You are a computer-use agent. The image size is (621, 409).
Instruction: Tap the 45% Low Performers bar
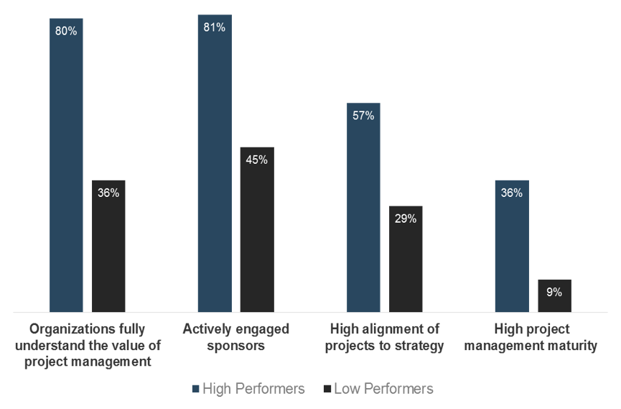click(x=257, y=230)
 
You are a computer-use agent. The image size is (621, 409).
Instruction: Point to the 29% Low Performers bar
click(x=406, y=259)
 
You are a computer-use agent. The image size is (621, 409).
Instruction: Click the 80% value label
click(x=66, y=32)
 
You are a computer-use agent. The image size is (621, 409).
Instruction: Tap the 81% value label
click(x=215, y=27)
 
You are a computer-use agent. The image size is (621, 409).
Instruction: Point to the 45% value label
click(x=256, y=160)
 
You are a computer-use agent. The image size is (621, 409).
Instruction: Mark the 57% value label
click(x=363, y=115)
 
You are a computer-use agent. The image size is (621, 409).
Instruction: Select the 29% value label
click(x=406, y=219)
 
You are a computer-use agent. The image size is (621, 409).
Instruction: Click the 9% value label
click(x=554, y=292)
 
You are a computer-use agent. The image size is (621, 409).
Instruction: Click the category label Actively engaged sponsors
click(x=235, y=337)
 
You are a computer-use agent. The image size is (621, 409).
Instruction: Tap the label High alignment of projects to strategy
click(x=384, y=337)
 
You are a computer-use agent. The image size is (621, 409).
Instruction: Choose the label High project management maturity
click(x=533, y=337)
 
